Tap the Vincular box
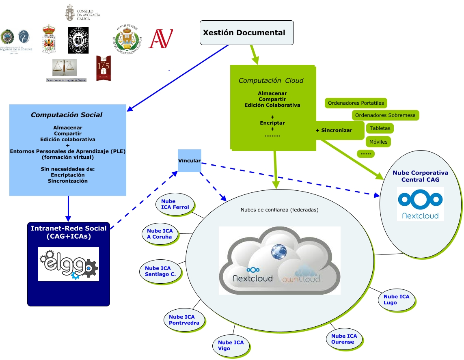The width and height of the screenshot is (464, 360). pos(189,161)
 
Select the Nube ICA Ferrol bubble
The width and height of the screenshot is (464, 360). pos(175,204)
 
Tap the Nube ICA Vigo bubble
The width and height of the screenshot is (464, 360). pos(231,345)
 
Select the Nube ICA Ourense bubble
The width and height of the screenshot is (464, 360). pos(344,339)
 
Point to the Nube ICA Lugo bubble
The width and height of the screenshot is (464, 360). pos(396,300)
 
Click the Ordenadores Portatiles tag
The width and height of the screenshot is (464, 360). pos(356,103)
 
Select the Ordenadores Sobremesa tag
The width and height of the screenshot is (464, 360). pos(385,115)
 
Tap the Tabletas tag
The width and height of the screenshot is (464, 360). pos(380,128)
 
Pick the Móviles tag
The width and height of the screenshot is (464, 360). pos(378,142)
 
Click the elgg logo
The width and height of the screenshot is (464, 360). pos(69,264)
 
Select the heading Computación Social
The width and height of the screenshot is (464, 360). pos(67,115)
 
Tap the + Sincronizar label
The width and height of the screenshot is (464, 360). pos(334,130)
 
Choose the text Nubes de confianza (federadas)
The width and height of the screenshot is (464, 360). pos(279,210)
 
